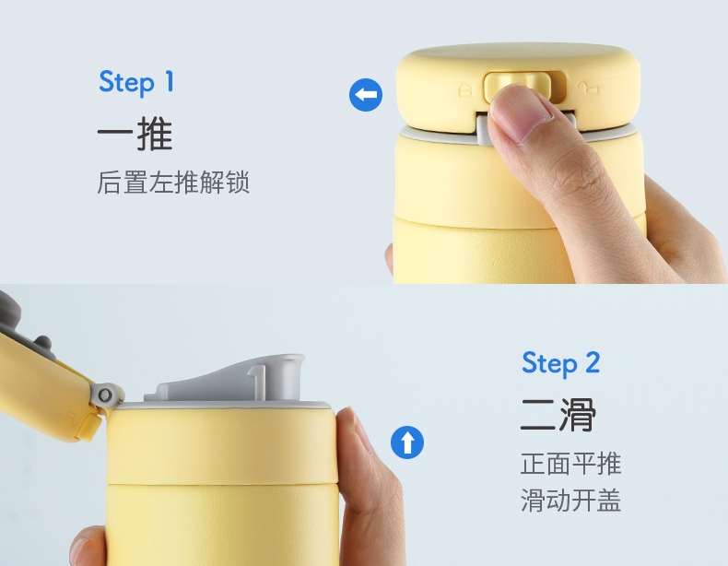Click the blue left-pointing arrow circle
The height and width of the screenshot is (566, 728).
366,95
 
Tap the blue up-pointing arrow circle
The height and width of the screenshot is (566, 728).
407,442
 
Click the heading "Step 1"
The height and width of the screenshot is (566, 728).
136,82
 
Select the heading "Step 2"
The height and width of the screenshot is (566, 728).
561,363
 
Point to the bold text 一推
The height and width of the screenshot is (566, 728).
135,134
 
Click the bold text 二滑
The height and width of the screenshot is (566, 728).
558,415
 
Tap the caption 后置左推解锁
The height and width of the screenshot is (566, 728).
173,182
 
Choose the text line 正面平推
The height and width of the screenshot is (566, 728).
570,464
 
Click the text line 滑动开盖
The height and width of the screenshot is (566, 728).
570,500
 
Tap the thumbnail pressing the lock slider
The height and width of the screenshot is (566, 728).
520,113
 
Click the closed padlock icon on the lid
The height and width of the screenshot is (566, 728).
465,90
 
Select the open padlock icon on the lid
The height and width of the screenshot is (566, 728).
588,88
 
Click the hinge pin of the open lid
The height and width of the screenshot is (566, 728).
105,395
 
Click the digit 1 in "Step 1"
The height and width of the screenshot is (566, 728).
170,81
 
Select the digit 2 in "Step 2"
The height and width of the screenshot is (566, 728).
593,362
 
